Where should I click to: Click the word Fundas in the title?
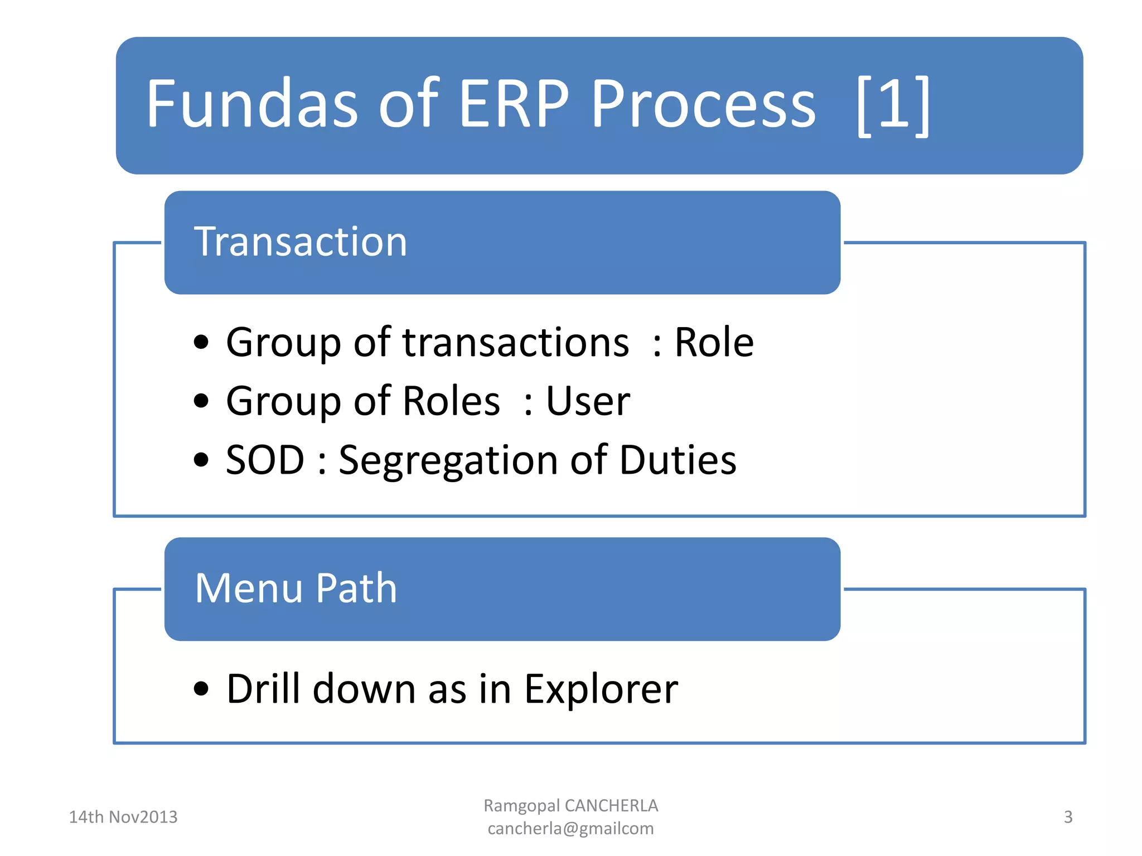251,104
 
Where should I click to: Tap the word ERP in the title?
514,104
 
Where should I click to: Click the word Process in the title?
703,104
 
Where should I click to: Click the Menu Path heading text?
296,588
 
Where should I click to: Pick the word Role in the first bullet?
714,342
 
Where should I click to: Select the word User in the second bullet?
588,401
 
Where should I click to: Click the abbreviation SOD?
265,460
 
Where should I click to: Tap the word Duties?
678,460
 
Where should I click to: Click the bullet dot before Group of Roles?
201,401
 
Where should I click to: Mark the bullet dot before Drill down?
201,689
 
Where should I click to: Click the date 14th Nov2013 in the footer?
123,817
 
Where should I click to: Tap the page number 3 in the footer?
1068,817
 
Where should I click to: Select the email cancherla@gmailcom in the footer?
570,829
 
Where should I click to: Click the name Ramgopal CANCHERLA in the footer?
570,805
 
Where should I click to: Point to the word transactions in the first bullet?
516,342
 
